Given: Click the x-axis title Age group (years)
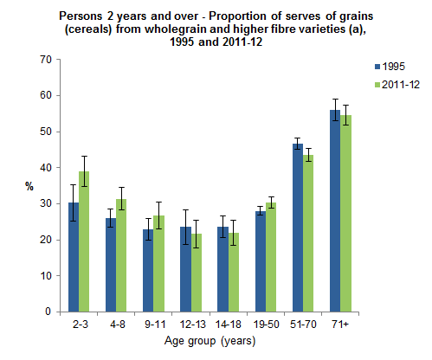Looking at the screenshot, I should click(x=203, y=341).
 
